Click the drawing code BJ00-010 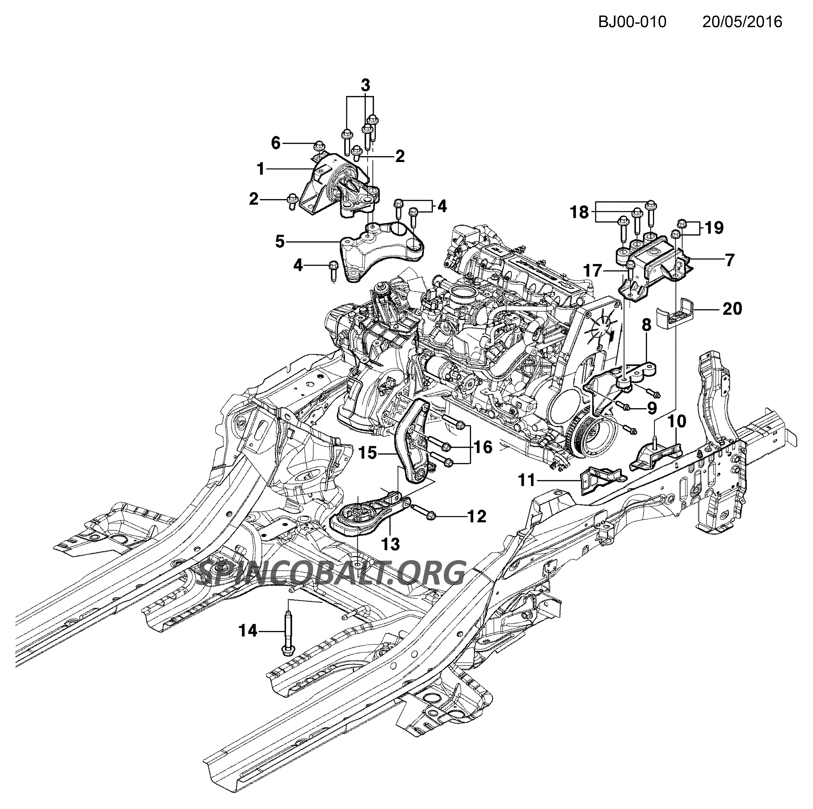pyautogui.click(x=632, y=22)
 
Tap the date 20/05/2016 pyautogui.click(x=742, y=22)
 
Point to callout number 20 pyautogui.click(x=733, y=309)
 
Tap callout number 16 pyautogui.click(x=482, y=447)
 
